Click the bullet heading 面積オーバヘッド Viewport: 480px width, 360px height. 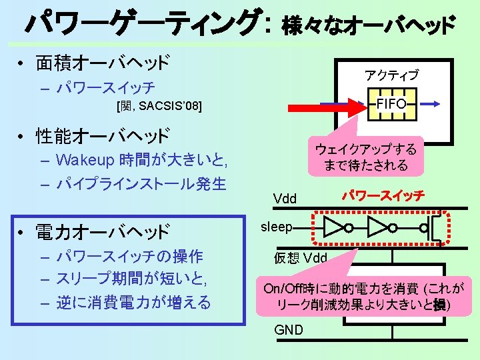103,63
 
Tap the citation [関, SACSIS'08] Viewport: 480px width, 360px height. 158,106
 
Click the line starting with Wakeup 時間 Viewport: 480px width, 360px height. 143,160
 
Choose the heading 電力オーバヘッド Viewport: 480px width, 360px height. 103,232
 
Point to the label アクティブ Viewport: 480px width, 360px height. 392,75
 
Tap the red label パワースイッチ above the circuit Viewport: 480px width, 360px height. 383,196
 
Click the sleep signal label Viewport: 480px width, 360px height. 276,227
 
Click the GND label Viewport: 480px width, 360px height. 288,330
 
